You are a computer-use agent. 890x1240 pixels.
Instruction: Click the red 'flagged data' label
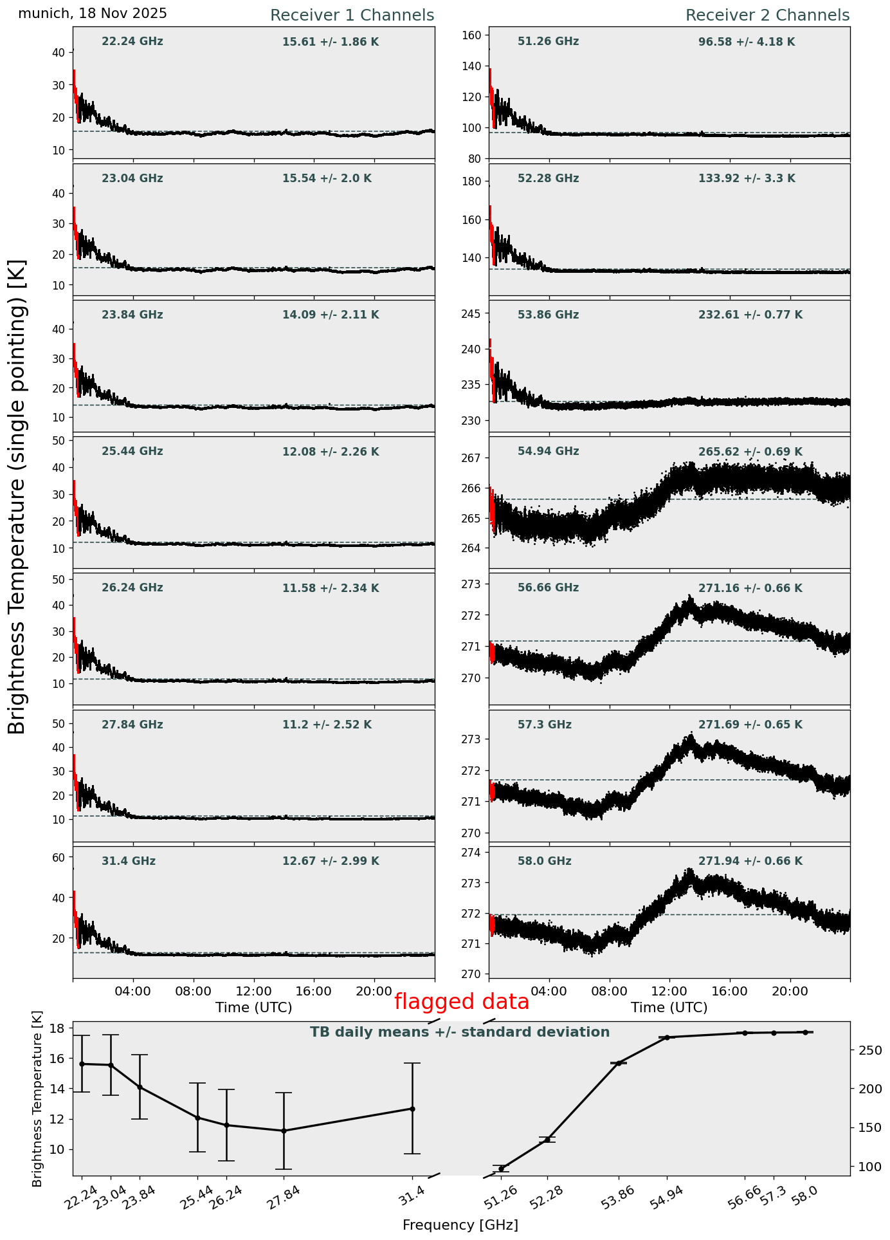(461, 1002)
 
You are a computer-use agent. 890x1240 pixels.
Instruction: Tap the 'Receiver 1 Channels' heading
(352, 15)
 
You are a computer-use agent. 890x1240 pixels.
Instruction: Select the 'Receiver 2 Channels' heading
(767, 15)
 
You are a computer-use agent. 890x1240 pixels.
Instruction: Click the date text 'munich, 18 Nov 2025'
(93, 14)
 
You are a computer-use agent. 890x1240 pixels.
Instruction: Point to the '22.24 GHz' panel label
(132, 42)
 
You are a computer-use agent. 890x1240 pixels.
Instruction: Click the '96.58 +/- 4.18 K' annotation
(747, 42)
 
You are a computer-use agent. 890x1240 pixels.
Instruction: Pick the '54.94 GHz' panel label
(548, 452)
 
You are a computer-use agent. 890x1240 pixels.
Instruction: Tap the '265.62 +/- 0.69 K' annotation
(750, 452)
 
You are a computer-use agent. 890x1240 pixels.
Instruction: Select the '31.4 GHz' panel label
(129, 861)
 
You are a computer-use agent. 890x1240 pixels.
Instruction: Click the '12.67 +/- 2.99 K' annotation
(331, 862)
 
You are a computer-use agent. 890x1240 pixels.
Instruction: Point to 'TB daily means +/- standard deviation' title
(460, 1033)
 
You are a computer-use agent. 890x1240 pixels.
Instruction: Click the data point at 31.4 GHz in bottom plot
(412, 1109)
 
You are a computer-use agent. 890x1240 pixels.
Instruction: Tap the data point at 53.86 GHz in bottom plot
(619, 1063)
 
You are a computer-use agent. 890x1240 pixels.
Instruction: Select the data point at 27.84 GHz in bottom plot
(284, 1131)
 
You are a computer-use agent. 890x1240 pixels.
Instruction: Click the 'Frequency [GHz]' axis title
(460, 1225)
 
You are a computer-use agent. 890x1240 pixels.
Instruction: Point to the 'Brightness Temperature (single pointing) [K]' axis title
(17, 497)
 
